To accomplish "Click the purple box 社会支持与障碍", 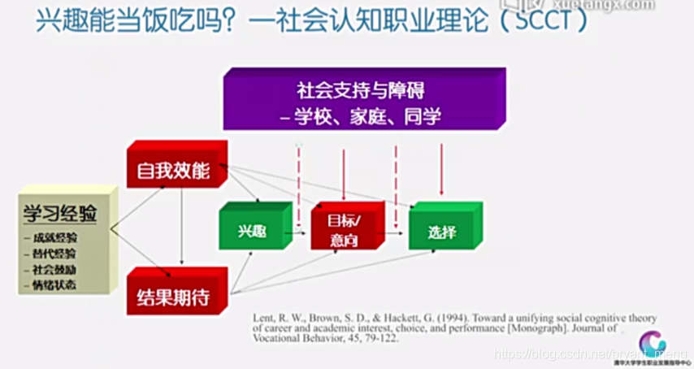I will pyautogui.click(x=364, y=98).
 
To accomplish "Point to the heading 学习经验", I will pyautogui.click(x=60, y=214).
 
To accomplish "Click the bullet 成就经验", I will pyautogui.click(x=55, y=238).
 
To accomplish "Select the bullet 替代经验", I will pyautogui.click(x=55, y=254).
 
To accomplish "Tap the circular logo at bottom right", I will pyautogui.click(x=652, y=342).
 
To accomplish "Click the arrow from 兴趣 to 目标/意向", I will pyautogui.click(x=300, y=233).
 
